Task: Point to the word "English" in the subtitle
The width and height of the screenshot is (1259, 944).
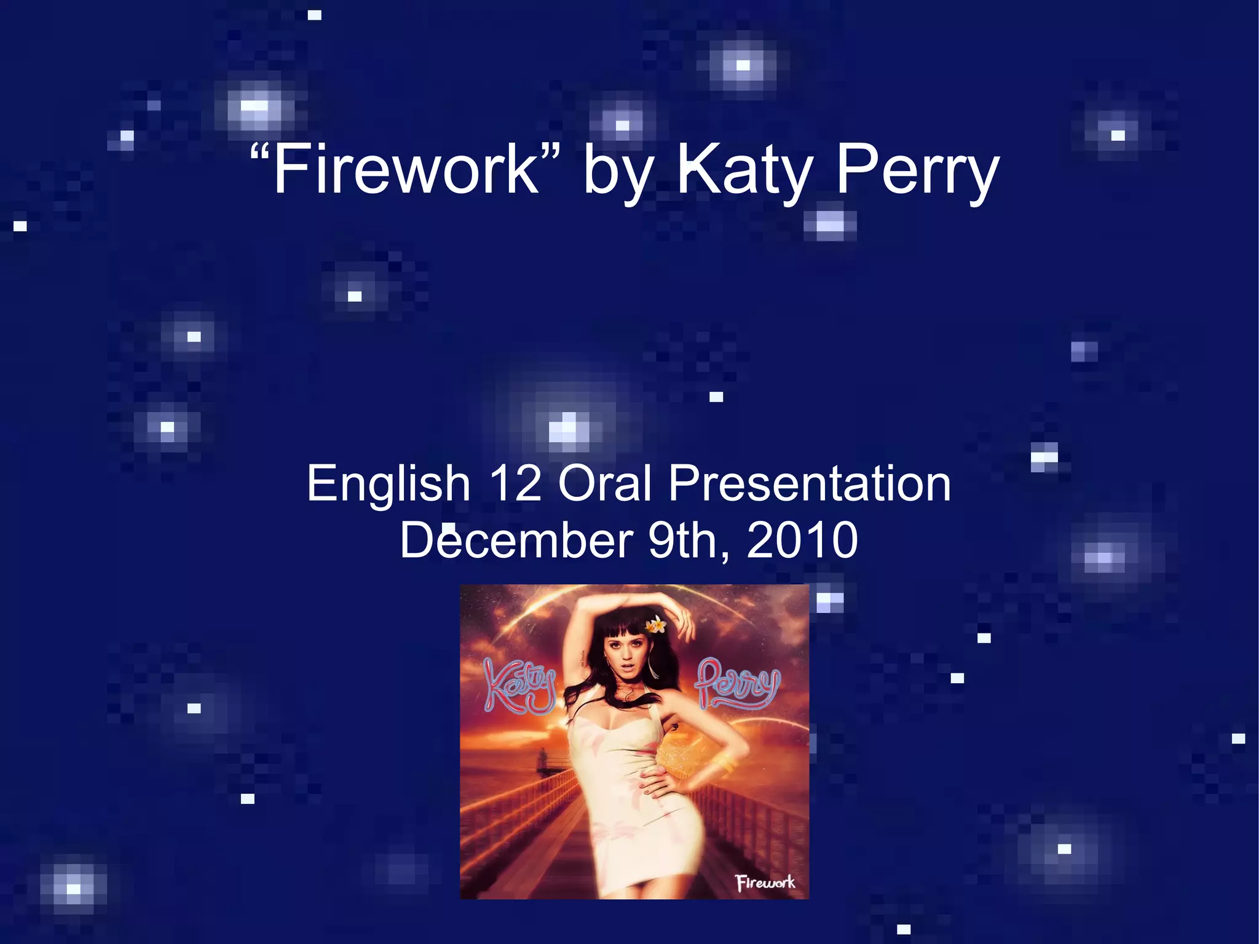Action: (389, 484)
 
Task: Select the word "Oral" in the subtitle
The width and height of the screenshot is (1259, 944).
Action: (605, 484)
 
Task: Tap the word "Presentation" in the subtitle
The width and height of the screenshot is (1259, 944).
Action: (810, 484)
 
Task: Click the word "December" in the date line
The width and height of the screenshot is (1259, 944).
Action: (516, 540)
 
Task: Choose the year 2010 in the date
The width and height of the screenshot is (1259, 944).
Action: (802, 540)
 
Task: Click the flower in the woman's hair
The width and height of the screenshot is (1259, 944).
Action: (655, 625)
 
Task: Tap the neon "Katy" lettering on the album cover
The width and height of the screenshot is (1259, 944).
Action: (518, 686)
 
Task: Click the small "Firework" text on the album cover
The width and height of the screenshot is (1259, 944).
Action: (765, 883)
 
